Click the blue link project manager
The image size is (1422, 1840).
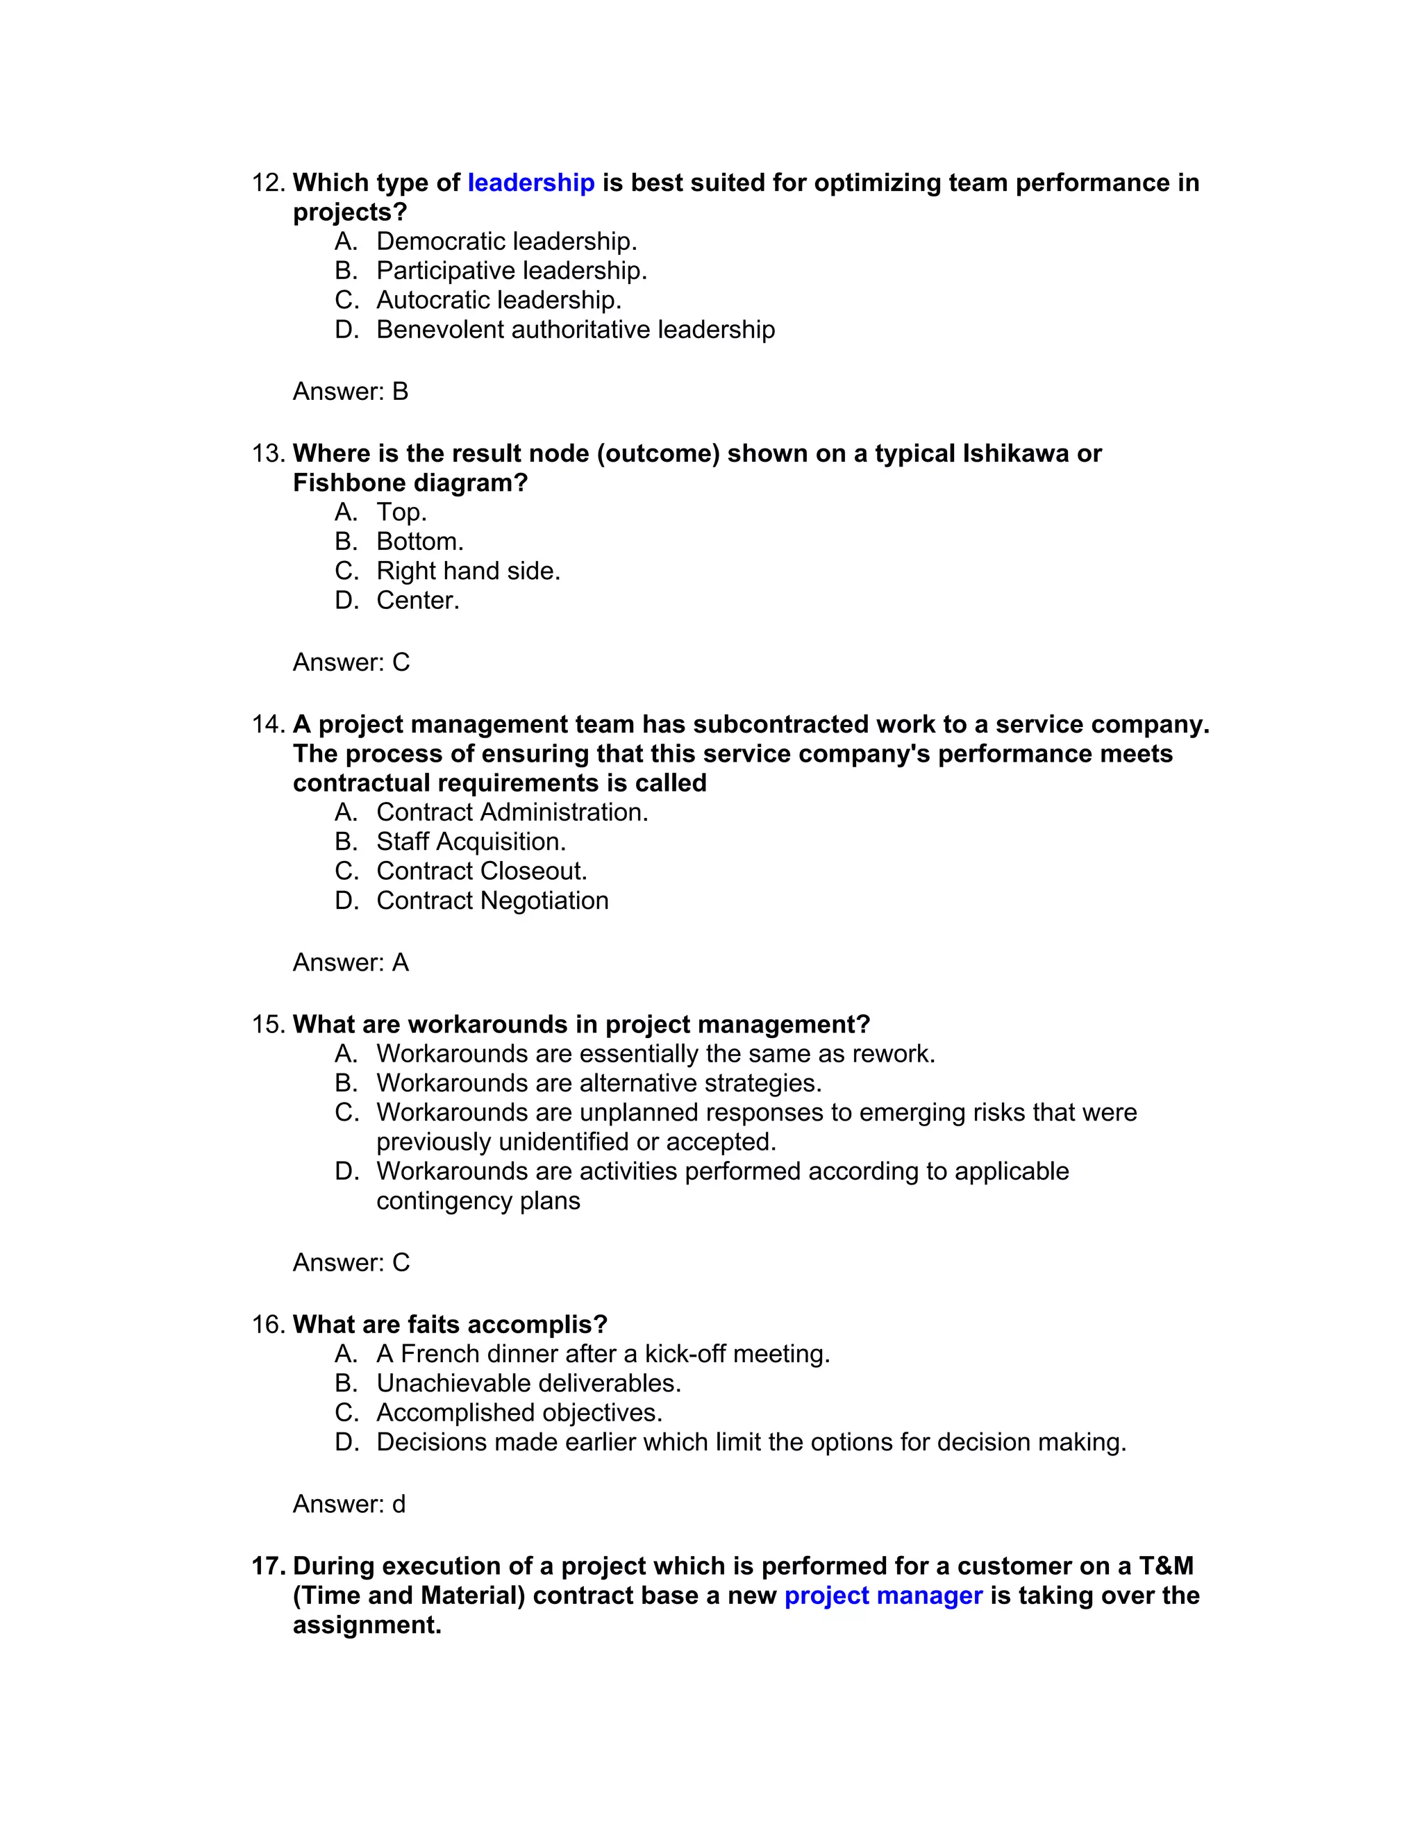click(883, 1596)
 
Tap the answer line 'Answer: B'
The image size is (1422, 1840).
click(351, 392)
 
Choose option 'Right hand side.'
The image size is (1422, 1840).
click(467, 571)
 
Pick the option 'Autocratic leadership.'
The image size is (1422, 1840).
click(499, 300)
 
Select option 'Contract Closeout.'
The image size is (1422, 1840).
click(481, 871)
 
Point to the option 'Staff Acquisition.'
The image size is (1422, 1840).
click(471, 842)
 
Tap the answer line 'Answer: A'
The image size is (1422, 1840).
click(351, 963)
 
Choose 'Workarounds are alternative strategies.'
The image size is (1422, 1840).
click(598, 1082)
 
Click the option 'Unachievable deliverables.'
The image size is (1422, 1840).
click(528, 1383)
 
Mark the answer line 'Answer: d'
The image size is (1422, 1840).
click(349, 1505)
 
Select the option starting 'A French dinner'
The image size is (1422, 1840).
click(602, 1354)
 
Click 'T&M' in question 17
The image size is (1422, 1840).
click(1166, 1567)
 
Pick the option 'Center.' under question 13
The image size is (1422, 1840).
click(417, 601)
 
